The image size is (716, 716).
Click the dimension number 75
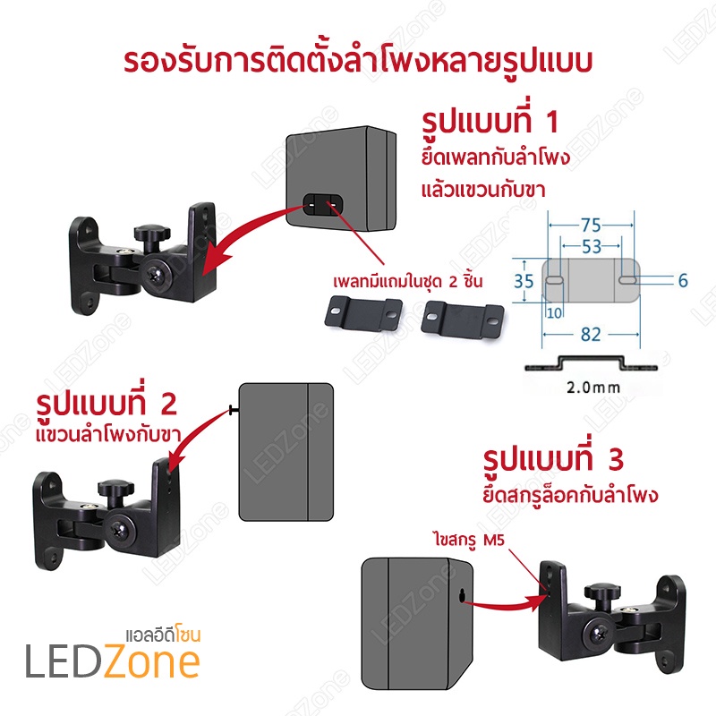click(x=591, y=226)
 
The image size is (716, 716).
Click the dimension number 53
click(x=592, y=247)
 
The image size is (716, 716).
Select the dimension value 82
click(x=591, y=335)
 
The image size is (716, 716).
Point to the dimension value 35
click(x=524, y=281)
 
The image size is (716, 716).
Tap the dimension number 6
click(x=683, y=280)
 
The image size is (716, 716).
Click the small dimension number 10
click(x=554, y=313)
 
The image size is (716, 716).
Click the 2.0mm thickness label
click(x=593, y=388)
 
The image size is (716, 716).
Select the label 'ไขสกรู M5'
click(x=469, y=541)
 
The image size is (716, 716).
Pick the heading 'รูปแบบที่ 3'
click(x=553, y=458)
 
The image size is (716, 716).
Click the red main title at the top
click(x=357, y=60)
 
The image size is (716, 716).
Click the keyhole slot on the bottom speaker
click(x=462, y=596)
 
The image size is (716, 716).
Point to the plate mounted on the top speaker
click(x=322, y=205)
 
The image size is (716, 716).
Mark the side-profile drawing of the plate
click(x=591, y=363)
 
